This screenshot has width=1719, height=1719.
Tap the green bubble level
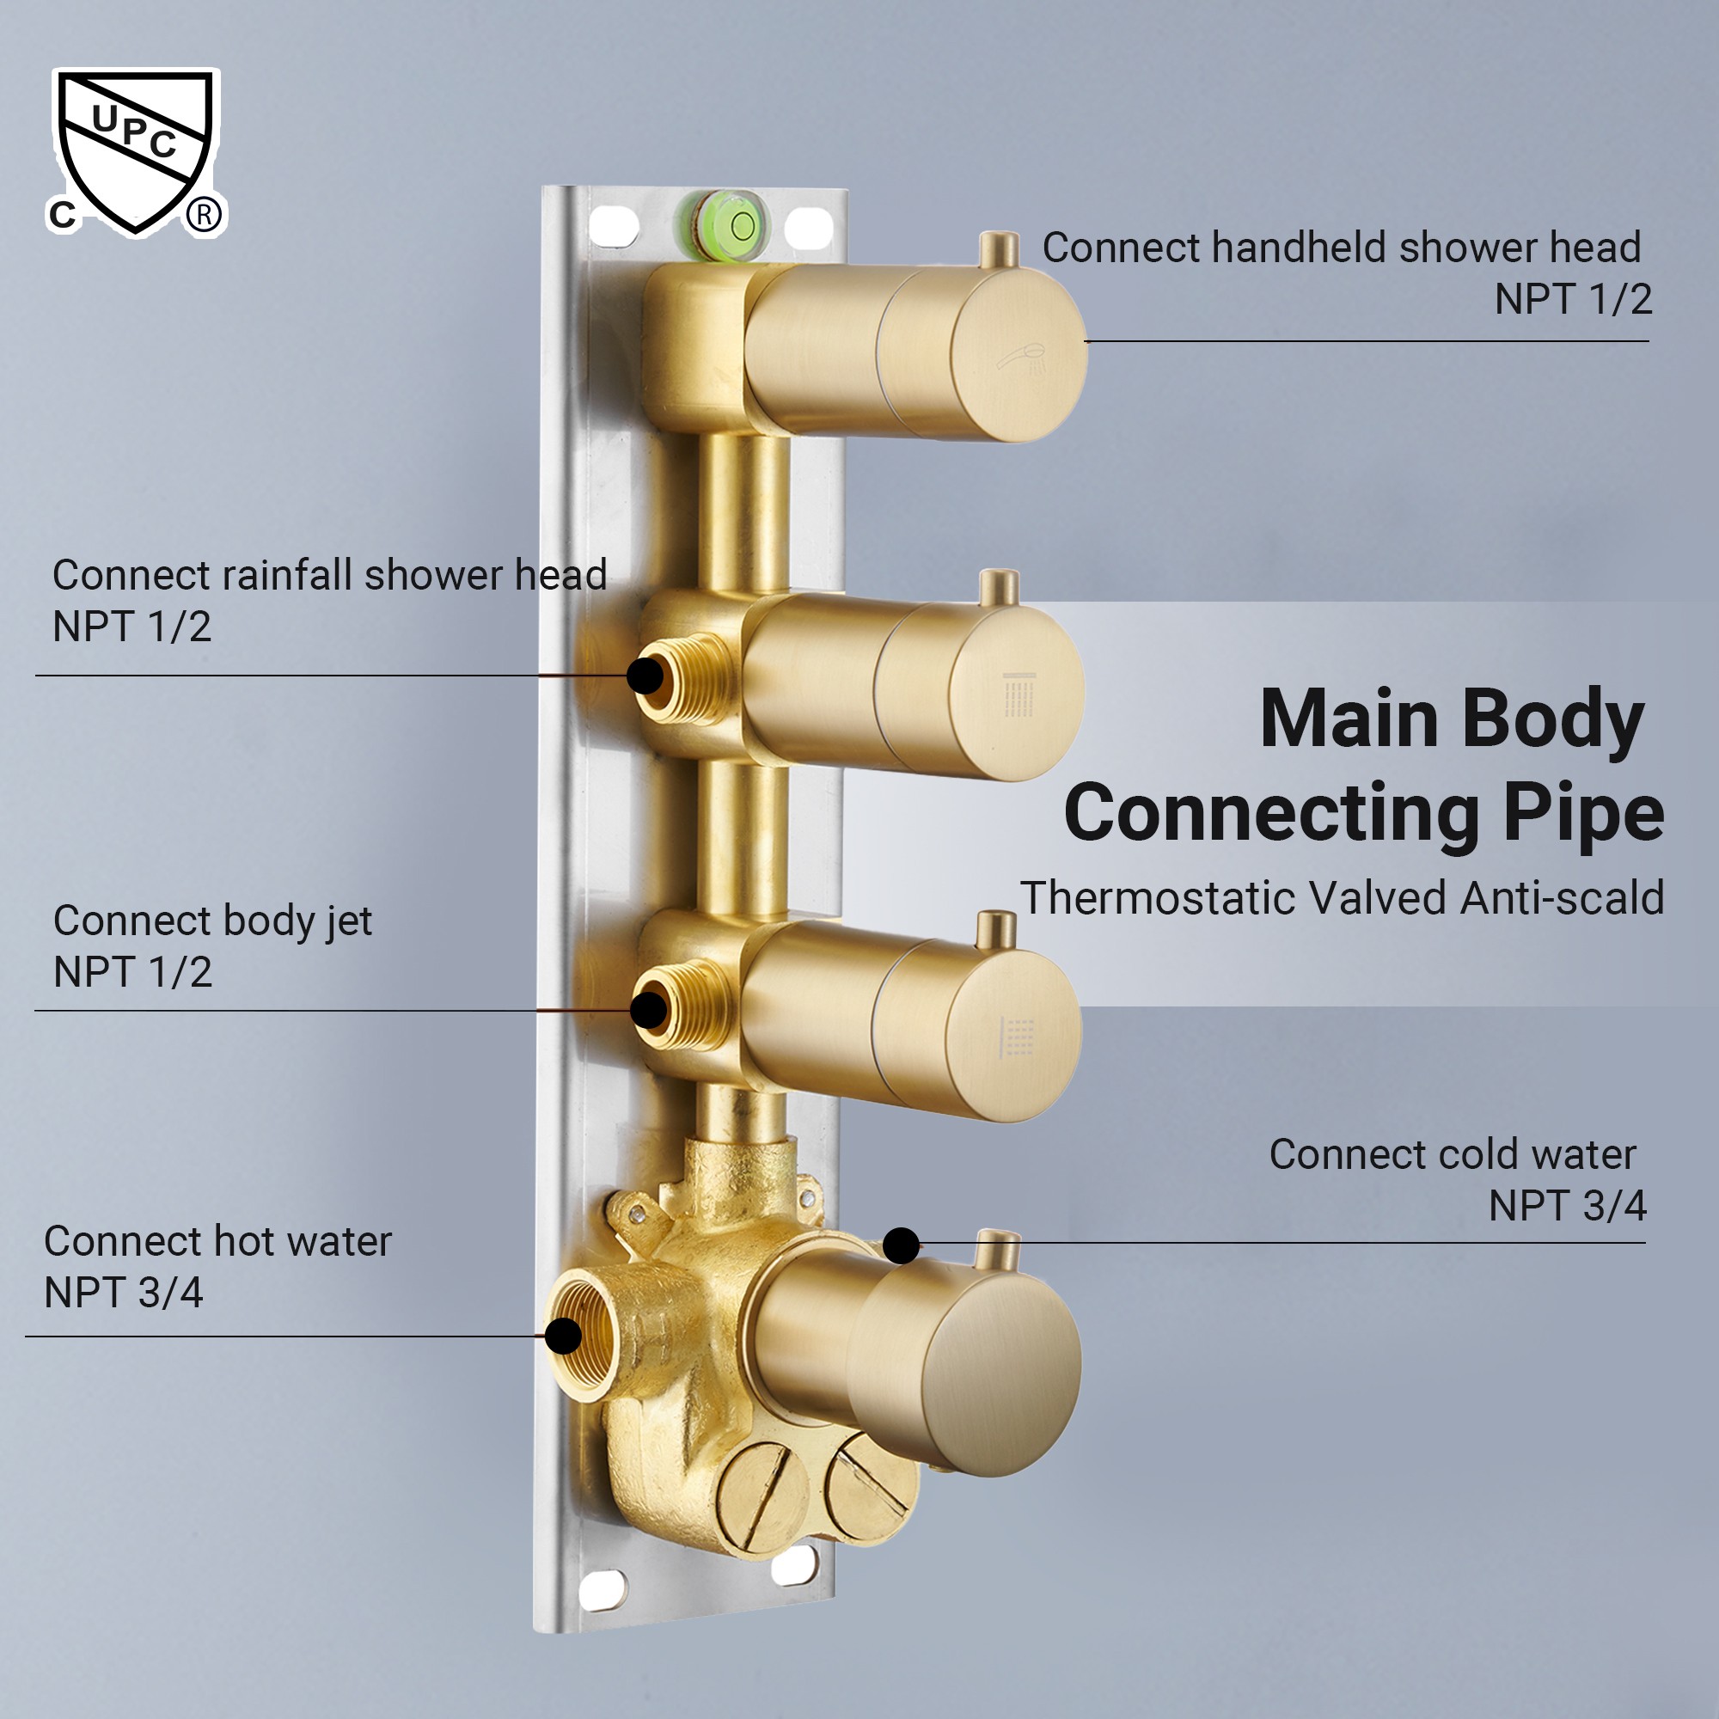pos(735,227)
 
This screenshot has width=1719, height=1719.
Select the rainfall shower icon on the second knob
pos(1019,694)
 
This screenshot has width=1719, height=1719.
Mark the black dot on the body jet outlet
pos(649,1010)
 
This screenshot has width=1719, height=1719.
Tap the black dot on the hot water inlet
pos(563,1336)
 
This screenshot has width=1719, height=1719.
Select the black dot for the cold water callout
pos(902,1245)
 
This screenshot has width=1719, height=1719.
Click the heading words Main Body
pos(1451,719)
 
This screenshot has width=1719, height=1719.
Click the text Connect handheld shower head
pos(1341,248)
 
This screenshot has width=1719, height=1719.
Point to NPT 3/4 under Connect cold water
pos(1567,1207)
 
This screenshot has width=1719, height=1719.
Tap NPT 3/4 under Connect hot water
pos(124,1293)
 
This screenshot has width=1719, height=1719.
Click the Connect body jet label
pos(212,921)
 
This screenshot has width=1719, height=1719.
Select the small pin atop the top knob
pos(998,249)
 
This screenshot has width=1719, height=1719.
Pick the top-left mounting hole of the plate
pos(614,226)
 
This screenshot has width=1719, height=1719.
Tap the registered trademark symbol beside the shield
pos(205,216)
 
